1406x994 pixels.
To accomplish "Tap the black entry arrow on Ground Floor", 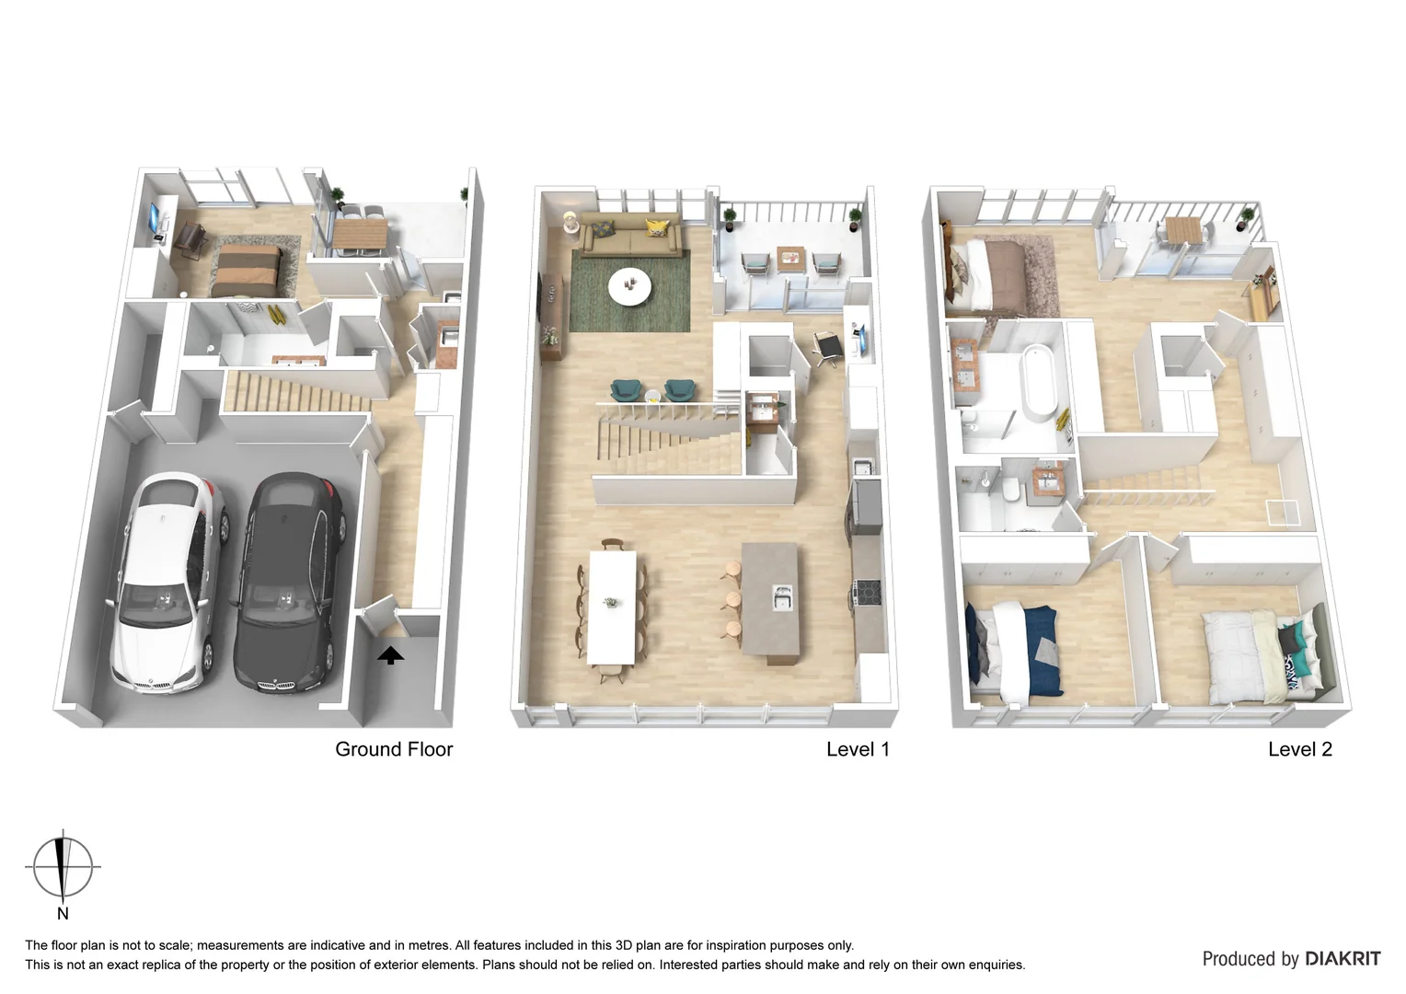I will [391, 655].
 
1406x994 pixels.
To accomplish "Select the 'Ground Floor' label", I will [394, 749].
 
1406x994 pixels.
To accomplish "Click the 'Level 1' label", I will [858, 749].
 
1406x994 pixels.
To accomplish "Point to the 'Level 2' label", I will [1299, 749].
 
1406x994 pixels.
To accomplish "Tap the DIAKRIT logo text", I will [1341, 959].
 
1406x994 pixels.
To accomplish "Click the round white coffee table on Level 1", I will [629, 285].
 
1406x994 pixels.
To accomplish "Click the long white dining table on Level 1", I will [613, 605].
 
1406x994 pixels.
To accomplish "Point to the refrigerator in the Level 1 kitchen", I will [867, 505].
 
